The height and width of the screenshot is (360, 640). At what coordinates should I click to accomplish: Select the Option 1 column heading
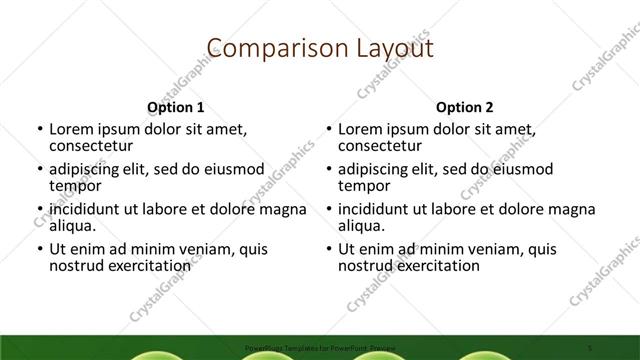pos(176,107)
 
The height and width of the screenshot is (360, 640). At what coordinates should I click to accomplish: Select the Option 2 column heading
pos(465,107)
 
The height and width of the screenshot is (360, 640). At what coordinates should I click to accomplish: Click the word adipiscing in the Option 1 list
pos(89,169)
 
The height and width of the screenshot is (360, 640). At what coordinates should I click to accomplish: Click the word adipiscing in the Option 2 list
pos(378,169)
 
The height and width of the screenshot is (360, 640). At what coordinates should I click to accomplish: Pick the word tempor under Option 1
pos(75,185)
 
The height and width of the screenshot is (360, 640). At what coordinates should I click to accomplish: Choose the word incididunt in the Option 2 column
pos(379,209)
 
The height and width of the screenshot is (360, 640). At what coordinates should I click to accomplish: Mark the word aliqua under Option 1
pos(74,226)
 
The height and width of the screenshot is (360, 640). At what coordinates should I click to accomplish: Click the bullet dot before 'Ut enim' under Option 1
pos(39,249)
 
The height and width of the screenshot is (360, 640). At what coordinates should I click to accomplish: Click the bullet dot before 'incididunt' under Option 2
pos(328,209)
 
